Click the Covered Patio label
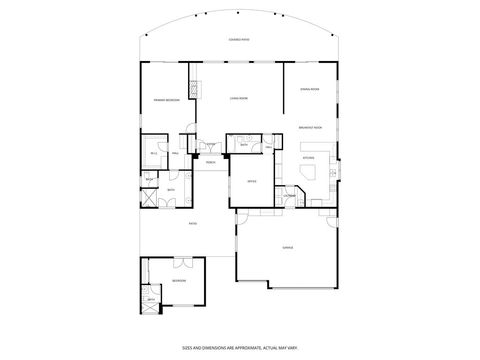coord(240,39)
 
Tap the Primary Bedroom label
coord(166,101)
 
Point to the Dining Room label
coord(309,90)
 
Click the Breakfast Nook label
coord(309,128)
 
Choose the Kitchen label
coord(308,158)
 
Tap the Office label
coord(252,181)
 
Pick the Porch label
coord(211,162)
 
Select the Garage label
coord(287,246)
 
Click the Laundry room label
coord(288,195)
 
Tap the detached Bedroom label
coord(178,281)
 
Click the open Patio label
coord(192,223)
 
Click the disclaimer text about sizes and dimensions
coord(240,347)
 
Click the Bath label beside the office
coord(243,146)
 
